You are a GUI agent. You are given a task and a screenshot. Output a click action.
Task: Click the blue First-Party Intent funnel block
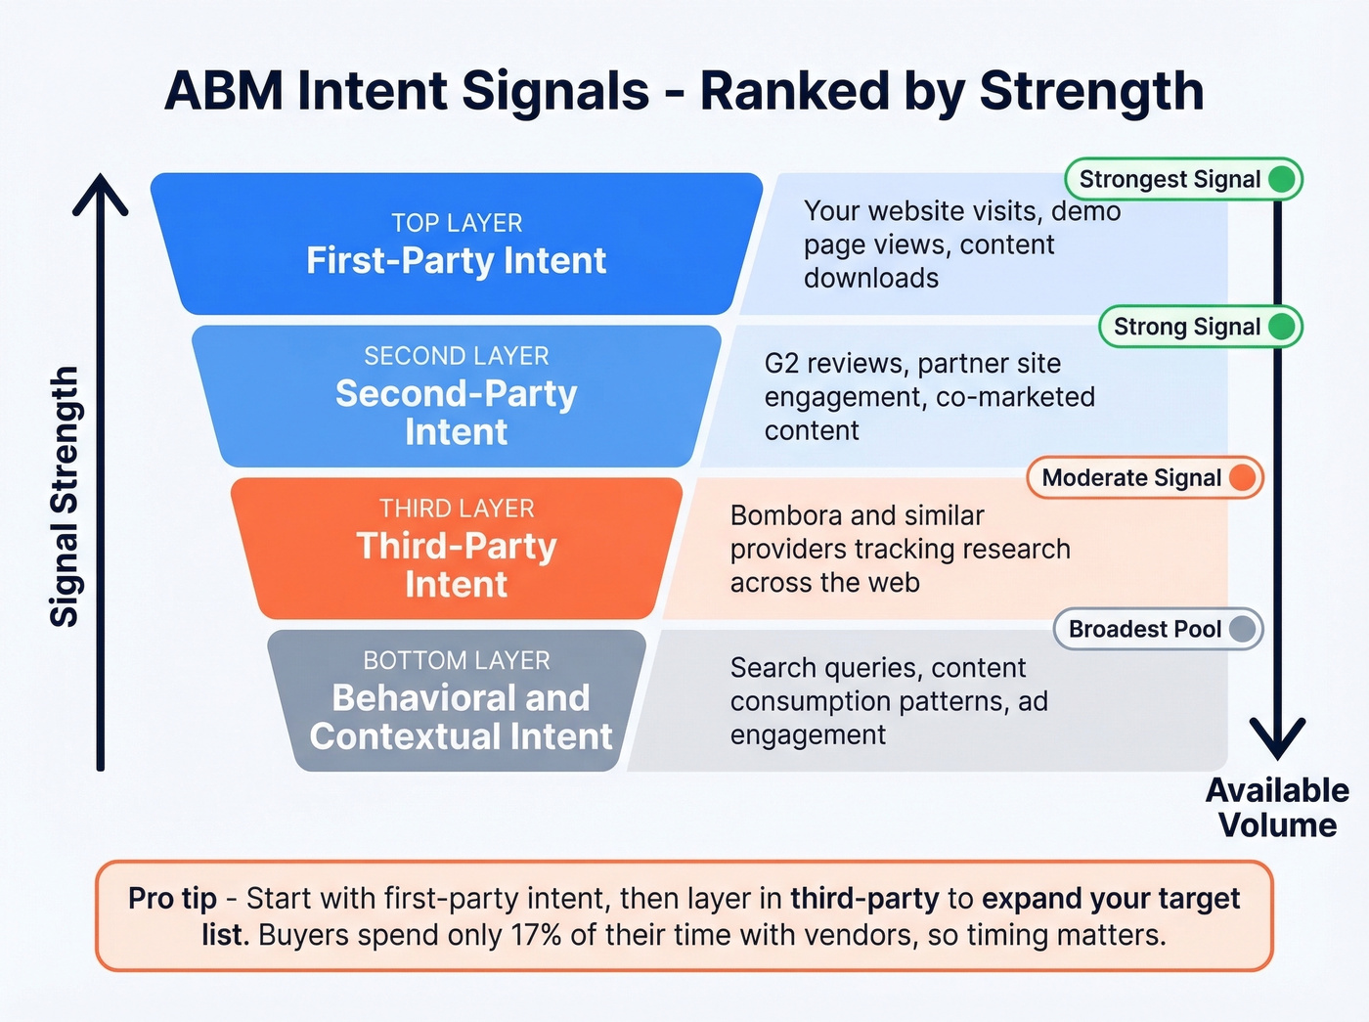tap(456, 244)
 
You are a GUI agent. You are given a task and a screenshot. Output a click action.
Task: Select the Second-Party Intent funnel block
tap(456, 396)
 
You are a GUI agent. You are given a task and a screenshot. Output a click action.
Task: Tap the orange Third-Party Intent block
tap(456, 549)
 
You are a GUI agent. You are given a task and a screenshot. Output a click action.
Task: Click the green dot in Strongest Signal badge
tap(1281, 179)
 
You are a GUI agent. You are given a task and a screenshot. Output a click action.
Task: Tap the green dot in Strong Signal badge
tap(1281, 327)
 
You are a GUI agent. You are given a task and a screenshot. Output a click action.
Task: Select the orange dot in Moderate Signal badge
tap(1242, 477)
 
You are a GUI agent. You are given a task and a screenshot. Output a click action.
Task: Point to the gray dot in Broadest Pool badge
tap(1242, 629)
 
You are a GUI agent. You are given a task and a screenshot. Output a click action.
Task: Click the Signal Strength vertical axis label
tap(65, 496)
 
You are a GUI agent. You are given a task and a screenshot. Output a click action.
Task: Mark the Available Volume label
tap(1277, 808)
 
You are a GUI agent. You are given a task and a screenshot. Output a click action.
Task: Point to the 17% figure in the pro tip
tap(536, 935)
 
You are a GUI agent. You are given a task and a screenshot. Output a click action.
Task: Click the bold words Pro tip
tap(172, 898)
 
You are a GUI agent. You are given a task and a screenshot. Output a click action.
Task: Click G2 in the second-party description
tap(780, 364)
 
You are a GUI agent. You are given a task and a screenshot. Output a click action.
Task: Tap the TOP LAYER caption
tap(457, 223)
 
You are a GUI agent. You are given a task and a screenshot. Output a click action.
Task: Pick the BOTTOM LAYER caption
tap(457, 661)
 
